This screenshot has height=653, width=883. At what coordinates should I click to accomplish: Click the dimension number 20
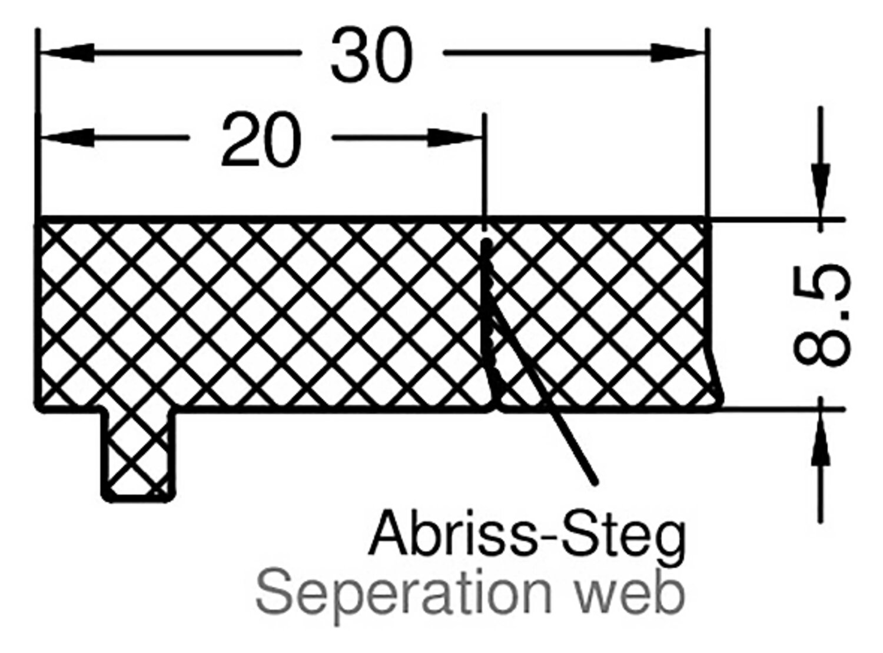point(261,140)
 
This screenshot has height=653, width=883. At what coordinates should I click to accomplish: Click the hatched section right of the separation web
point(600,312)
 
